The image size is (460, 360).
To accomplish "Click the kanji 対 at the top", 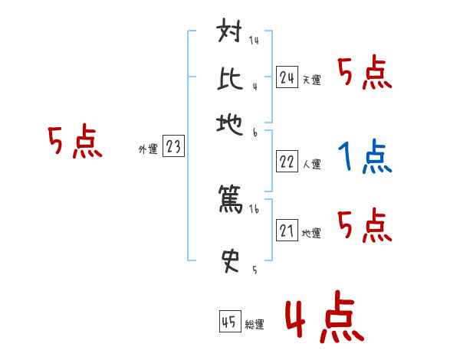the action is coord(231,34).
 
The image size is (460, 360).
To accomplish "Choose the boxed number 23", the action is coord(173,146).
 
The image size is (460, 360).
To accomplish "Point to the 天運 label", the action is coord(312,80).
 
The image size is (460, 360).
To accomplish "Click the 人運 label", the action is coord(312,164).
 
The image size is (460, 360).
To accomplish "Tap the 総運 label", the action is coord(255,324).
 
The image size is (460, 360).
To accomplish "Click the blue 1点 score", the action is coord(365,157).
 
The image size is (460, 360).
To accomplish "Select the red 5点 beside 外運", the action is coord(74,144).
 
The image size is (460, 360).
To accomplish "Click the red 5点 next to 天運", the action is coord(365,74).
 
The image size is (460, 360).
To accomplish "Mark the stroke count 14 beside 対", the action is coord(254,41).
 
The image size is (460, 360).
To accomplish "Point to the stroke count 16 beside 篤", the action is coord(254,209).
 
